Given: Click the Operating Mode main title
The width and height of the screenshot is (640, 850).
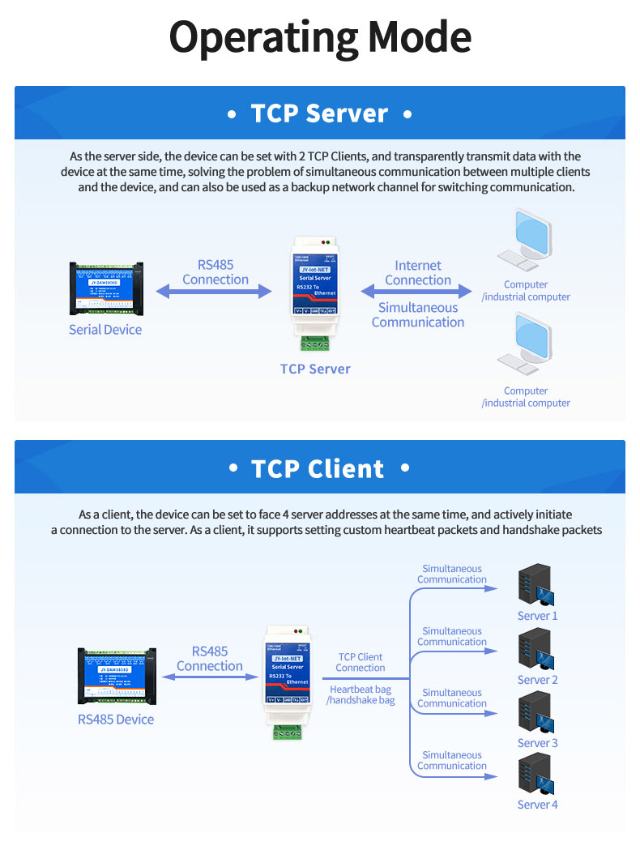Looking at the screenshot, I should tap(320, 37).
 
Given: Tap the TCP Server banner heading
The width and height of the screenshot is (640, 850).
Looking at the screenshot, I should tap(319, 113).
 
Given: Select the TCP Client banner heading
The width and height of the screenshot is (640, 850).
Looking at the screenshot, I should tap(319, 468).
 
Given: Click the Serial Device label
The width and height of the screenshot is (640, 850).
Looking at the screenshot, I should tap(105, 330).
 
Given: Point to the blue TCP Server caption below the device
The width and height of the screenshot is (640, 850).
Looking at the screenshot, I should tap(315, 369).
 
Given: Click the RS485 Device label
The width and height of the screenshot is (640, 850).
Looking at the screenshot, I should tap(116, 719).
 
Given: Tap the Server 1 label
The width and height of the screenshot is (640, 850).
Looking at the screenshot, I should tap(538, 616).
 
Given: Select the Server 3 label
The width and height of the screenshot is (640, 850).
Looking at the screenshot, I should tap(538, 743).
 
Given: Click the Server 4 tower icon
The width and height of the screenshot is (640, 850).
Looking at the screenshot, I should tap(535, 775).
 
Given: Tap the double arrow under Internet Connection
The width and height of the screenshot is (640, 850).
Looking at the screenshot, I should tap(417, 291).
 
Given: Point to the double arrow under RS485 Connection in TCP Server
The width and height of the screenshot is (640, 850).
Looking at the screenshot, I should tap(215, 291).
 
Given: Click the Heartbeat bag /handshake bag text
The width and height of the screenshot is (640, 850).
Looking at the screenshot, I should tap(361, 694).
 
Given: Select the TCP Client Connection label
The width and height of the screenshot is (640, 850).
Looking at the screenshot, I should tap(361, 662).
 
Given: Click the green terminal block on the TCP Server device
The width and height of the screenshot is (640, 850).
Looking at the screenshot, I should tap(314, 343).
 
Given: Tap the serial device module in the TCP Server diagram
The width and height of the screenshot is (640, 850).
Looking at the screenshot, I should tap(106, 288).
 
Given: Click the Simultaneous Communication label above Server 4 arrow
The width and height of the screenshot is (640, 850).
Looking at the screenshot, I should tap(452, 760).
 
